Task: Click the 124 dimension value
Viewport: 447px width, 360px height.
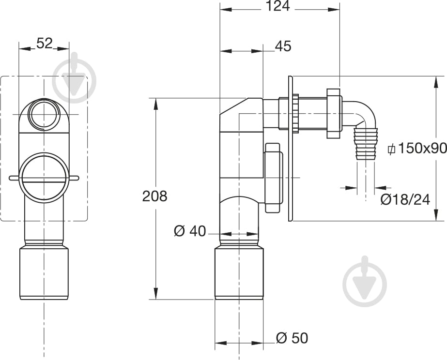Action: [x=277, y=6]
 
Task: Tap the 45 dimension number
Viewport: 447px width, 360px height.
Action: [x=283, y=46]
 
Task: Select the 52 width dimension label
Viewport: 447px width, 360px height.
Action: [x=45, y=43]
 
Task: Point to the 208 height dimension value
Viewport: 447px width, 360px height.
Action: [x=154, y=196]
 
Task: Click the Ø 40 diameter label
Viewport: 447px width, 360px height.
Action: [x=189, y=231]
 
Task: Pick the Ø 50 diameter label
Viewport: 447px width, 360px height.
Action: [x=292, y=338]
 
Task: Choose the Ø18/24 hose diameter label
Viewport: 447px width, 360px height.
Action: [x=405, y=200]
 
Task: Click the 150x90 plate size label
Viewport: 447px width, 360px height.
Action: [x=417, y=148]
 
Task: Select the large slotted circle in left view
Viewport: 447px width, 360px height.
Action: [x=44, y=178]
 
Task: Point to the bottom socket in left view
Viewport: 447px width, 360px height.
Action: [x=44, y=273]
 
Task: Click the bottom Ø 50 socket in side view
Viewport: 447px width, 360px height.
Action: [x=239, y=274]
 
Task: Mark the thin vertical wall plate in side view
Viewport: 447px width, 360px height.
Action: [x=291, y=149]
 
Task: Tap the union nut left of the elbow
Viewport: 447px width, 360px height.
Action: [x=334, y=113]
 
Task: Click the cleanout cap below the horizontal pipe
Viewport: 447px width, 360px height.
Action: [x=274, y=178]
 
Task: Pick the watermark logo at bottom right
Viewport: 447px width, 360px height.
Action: [x=365, y=281]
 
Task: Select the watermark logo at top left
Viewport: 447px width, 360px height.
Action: [x=75, y=77]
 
